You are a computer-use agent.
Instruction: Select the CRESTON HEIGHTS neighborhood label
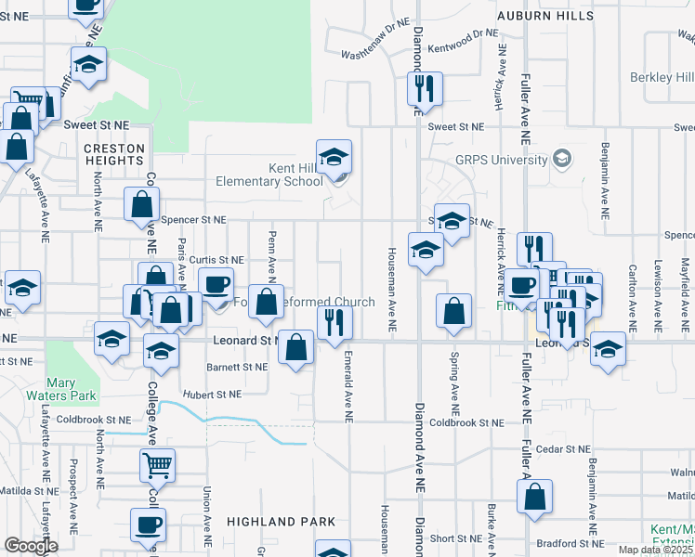pyautogui.click(x=114, y=155)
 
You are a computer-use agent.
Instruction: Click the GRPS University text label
pyautogui.click(x=502, y=160)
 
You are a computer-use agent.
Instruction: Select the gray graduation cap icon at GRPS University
pyautogui.click(x=560, y=159)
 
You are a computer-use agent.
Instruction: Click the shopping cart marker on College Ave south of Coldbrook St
pyautogui.click(x=158, y=464)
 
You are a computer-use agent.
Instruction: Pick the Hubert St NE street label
pyautogui.click(x=211, y=394)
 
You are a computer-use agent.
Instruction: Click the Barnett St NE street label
pyautogui.click(x=236, y=367)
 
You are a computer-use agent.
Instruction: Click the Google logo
pyautogui.click(x=31, y=546)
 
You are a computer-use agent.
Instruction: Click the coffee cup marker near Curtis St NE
pyautogui.click(x=216, y=283)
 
